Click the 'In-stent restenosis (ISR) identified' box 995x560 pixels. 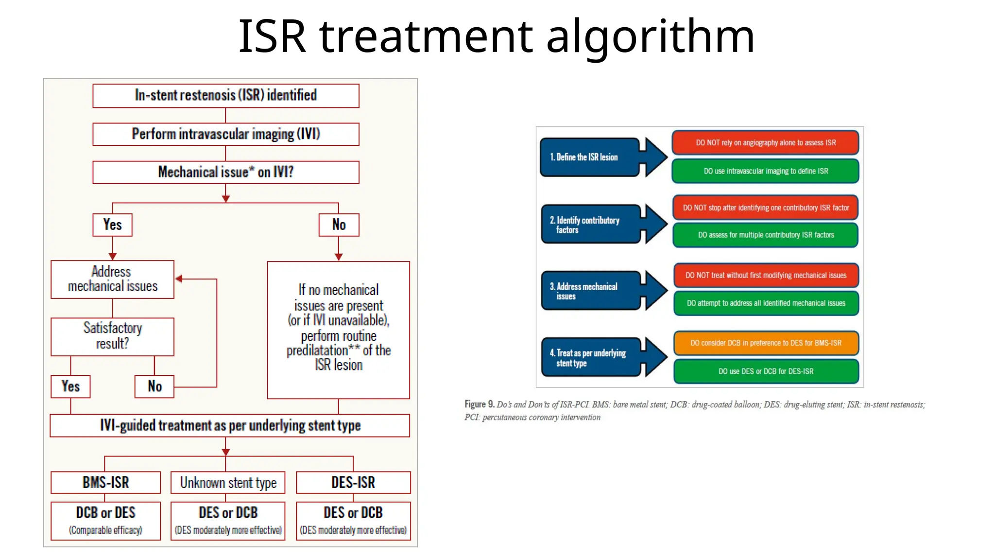point(225,95)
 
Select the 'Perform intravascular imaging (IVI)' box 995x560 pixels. point(225,134)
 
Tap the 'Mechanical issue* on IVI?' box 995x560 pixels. point(225,172)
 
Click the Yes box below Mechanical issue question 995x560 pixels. point(112,225)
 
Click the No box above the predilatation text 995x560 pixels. point(339,225)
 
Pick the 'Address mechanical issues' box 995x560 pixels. point(112,279)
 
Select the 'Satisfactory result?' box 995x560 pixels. point(112,336)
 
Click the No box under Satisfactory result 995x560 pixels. point(154,386)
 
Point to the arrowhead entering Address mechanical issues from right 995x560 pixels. point(179,279)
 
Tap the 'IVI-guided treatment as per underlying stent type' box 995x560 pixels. point(230,425)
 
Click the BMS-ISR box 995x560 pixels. point(105,482)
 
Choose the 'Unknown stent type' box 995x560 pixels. point(228,482)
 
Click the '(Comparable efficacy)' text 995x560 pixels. point(105,530)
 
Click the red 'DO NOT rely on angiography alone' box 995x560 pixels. point(765,142)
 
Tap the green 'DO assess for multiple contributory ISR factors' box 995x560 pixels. point(765,235)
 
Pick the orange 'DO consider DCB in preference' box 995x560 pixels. point(765,343)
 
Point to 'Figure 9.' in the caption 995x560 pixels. point(479,404)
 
